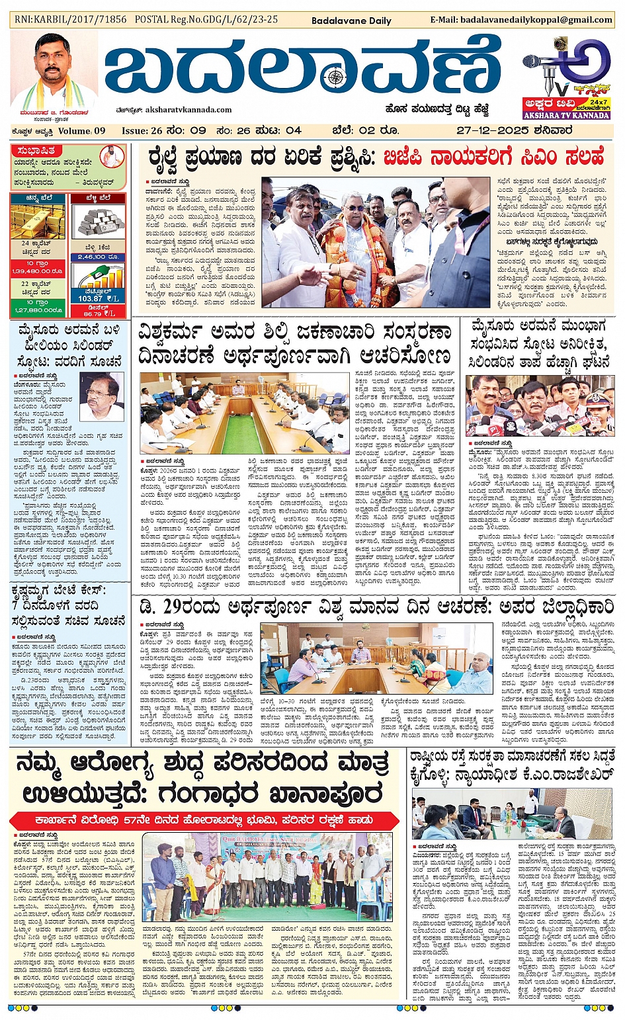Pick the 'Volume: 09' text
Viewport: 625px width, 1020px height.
[x=81, y=131]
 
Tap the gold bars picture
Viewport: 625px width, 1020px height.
[x=38, y=222]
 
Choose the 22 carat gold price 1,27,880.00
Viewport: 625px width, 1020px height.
[x=37, y=310]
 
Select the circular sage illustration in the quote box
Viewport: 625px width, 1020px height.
[x=112, y=157]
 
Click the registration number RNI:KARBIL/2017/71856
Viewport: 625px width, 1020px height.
[x=70, y=19]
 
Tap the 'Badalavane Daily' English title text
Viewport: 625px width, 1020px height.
[x=352, y=21]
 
